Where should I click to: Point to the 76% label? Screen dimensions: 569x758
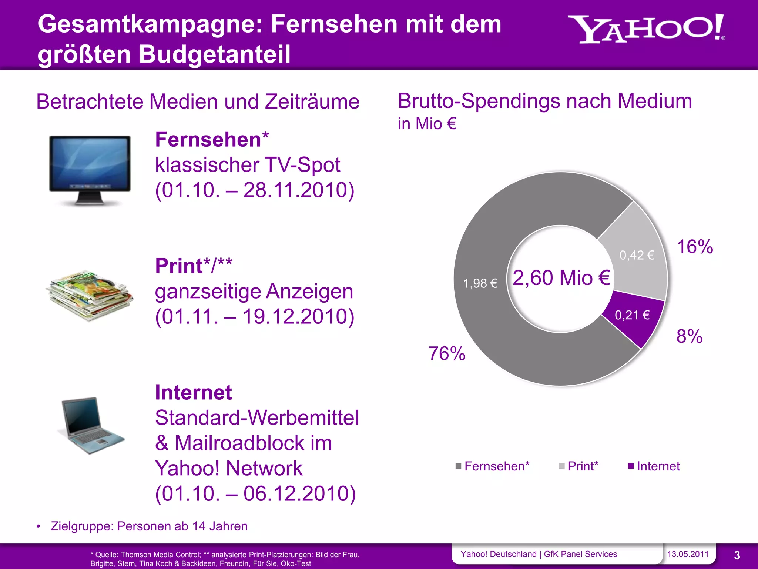pos(447,353)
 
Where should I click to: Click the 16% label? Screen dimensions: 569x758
pos(695,247)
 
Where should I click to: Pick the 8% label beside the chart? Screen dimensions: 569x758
pos(689,336)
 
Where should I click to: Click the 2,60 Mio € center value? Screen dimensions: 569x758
pos(561,278)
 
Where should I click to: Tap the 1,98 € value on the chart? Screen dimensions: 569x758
pos(480,283)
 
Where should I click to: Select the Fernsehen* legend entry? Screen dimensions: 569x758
pos(493,466)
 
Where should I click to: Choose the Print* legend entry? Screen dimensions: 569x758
pos(579,466)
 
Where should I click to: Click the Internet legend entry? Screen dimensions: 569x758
pos(654,466)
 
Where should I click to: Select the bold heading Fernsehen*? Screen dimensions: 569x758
pos(212,140)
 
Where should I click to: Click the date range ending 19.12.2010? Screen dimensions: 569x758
pos(255,317)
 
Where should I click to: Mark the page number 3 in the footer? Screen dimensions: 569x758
pos(737,555)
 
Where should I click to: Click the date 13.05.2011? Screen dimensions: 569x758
pos(688,554)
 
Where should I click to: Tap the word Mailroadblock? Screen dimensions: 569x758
pos(253,443)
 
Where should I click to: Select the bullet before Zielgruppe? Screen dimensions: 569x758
pos(38,526)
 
